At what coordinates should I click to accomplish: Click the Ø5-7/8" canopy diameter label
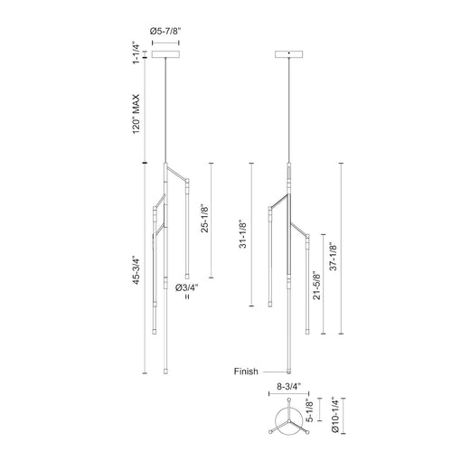pyautogui.click(x=165, y=31)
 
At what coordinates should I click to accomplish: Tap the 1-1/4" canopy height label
pyautogui.click(x=136, y=54)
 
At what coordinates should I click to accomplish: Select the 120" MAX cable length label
pyautogui.click(x=136, y=114)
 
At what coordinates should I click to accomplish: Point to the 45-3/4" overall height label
pyautogui.click(x=136, y=270)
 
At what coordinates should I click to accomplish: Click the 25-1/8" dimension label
pyautogui.click(x=204, y=220)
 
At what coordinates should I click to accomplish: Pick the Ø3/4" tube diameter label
pyautogui.click(x=187, y=287)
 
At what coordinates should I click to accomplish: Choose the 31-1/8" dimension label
pyautogui.click(x=243, y=234)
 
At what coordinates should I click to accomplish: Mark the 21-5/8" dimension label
pyautogui.click(x=316, y=286)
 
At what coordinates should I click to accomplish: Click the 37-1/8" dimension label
pyautogui.click(x=333, y=257)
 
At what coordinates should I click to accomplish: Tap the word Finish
pyautogui.click(x=246, y=372)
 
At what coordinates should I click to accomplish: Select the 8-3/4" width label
pyautogui.click(x=288, y=387)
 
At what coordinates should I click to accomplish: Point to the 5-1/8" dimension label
pyautogui.click(x=309, y=410)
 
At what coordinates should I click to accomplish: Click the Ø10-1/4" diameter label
pyautogui.click(x=335, y=416)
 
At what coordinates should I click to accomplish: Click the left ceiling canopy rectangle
pyautogui.click(x=165, y=54)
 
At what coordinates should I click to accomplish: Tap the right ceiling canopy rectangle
pyautogui.click(x=289, y=54)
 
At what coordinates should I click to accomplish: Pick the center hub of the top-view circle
pyautogui.click(x=289, y=420)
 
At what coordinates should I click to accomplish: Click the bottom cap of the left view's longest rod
pyautogui.click(x=165, y=372)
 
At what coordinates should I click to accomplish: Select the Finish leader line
pyautogui.click(x=275, y=372)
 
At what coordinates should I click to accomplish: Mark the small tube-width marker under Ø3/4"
pyautogui.click(x=187, y=296)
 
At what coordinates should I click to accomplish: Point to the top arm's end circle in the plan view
pyautogui.click(x=289, y=400)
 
